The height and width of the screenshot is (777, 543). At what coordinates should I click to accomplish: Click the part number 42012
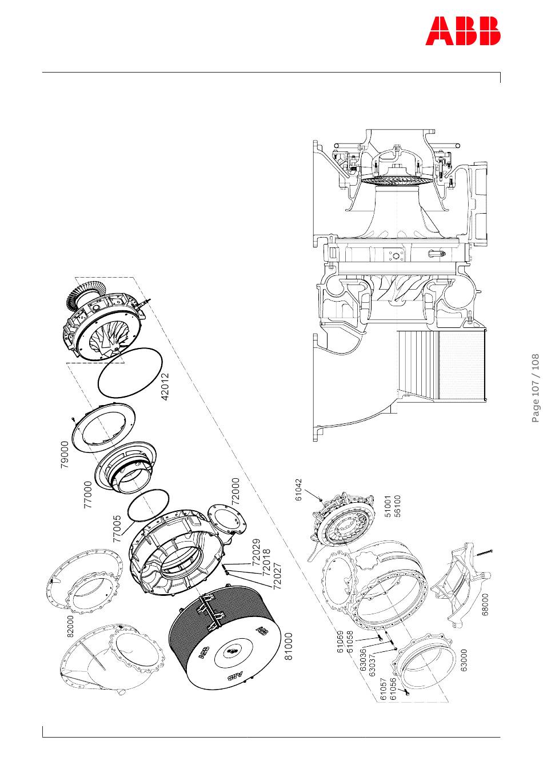(x=165, y=387)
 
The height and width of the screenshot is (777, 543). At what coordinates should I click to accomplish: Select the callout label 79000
(x=64, y=455)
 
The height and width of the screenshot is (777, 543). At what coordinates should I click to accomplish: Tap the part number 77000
(x=87, y=495)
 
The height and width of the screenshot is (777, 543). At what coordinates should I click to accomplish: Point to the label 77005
(x=117, y=528)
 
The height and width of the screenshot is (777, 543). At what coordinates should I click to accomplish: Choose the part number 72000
(x=235, y=491)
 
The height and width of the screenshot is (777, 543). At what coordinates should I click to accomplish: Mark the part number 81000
(x=289, y=646)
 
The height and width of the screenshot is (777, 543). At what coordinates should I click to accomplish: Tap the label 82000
(x=70, y=626)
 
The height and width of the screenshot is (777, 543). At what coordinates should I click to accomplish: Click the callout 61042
(x=298, y=490)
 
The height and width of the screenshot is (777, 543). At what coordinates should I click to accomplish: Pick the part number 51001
(x=388, y=506)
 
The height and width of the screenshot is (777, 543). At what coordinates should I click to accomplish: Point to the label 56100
(x=398, y=506)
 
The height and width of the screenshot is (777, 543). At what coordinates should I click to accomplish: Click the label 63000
(x=464, y=660)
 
